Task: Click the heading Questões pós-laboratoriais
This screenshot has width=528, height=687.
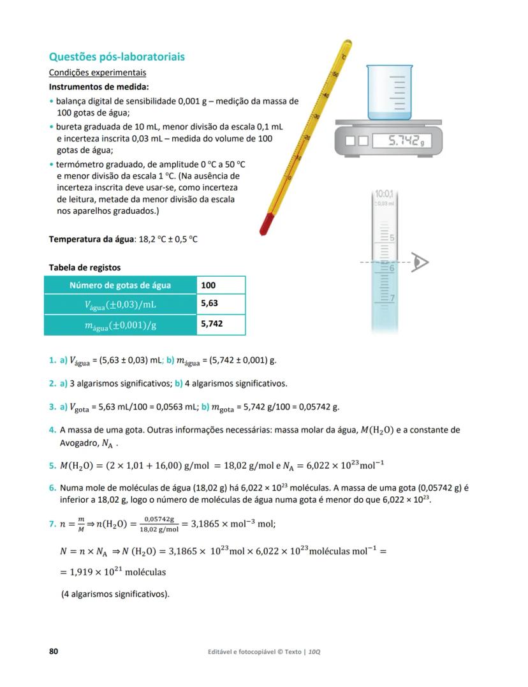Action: coord(117,57)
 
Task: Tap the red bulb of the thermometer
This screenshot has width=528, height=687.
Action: coord(266,223)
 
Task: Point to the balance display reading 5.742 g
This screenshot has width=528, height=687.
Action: coord(398,140)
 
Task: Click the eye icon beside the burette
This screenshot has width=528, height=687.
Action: coord(419,262)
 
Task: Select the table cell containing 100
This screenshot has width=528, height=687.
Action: coord(221,285)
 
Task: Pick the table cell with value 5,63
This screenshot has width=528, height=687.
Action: coord(221,304)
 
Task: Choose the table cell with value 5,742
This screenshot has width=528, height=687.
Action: coord(221,324)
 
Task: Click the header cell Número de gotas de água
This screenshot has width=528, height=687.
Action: coord(121,285)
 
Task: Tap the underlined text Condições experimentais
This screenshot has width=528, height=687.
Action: coord(98,73)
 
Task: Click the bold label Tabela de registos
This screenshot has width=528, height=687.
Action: coord(85,267)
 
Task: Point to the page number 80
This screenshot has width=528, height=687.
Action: coord(54,651)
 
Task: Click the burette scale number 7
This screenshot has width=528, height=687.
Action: coord(392,298)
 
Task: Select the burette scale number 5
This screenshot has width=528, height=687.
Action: coord(392,238)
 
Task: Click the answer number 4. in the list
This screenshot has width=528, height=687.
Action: coord(52,430)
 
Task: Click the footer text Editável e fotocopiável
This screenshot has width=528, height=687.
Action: coord(245,651)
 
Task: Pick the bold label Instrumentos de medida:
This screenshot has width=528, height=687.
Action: coord(99,87)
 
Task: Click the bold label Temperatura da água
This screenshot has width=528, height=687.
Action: coord(92,240)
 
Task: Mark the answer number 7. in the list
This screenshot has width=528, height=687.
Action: coord(52,524)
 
